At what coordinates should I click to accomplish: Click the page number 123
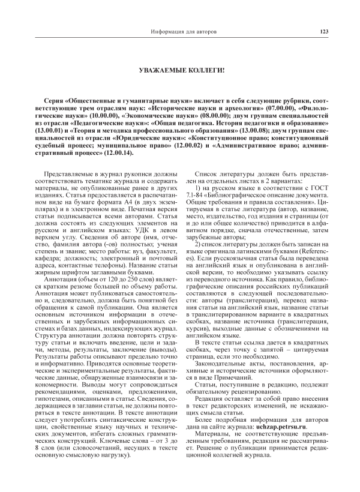coord(325,32)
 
